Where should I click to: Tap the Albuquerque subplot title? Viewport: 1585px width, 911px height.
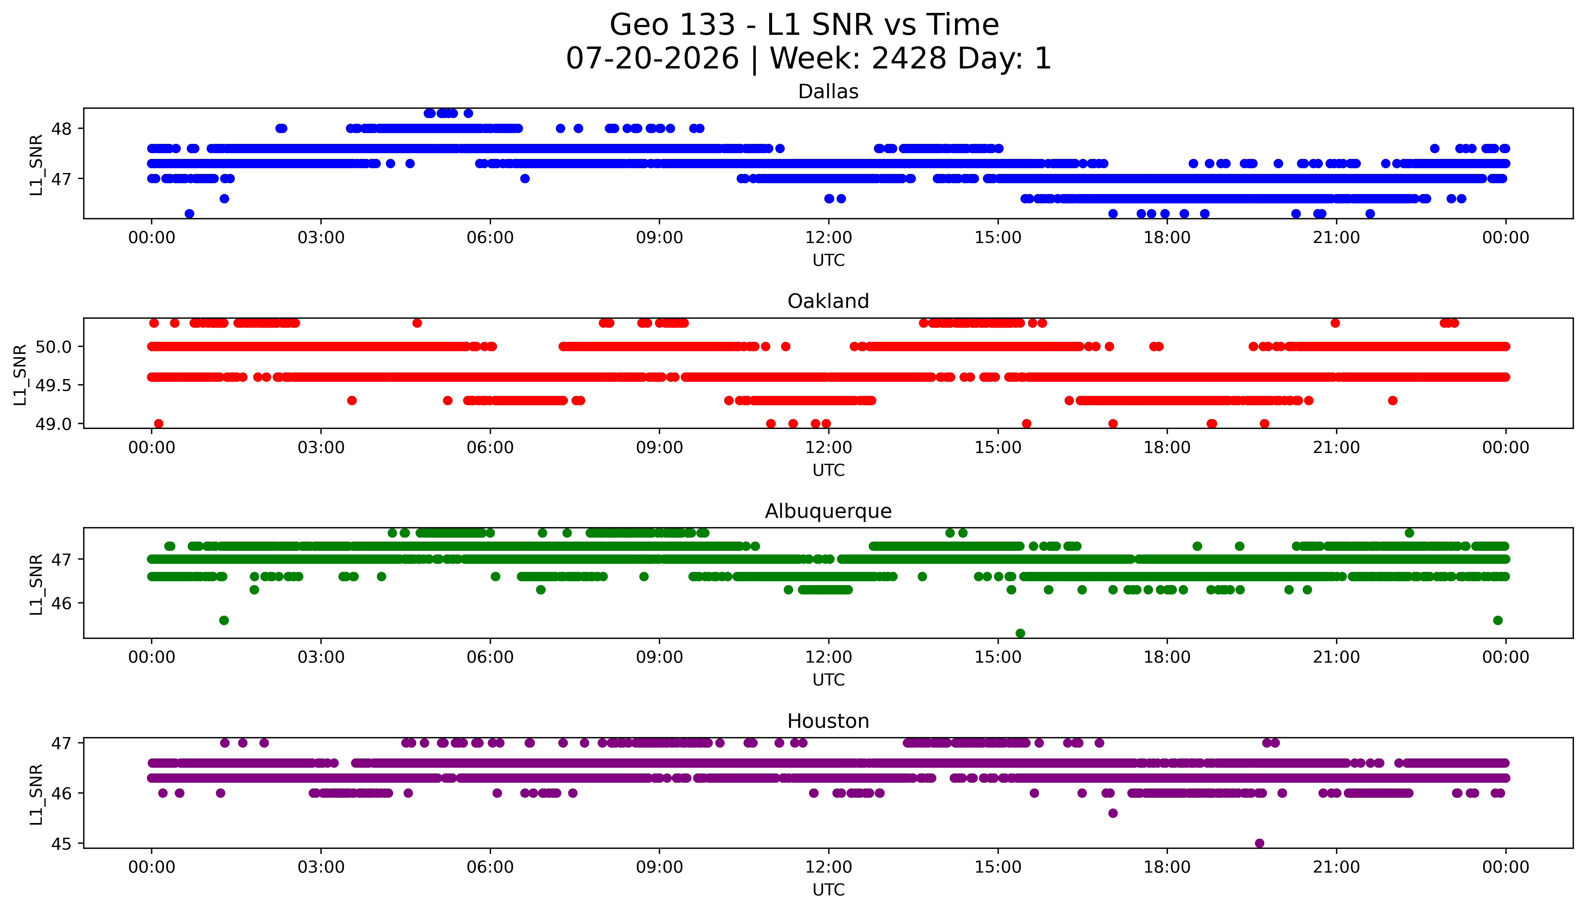(x=828, y=511)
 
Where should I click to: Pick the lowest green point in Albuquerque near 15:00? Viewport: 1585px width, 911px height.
(x=1020, y=633)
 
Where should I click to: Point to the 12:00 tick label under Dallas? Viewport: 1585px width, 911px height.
(x=829, y=238)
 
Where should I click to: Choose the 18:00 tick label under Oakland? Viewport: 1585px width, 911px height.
(x=1167, y=447)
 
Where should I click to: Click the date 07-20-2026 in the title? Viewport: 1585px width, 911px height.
(x=652, y=58)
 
